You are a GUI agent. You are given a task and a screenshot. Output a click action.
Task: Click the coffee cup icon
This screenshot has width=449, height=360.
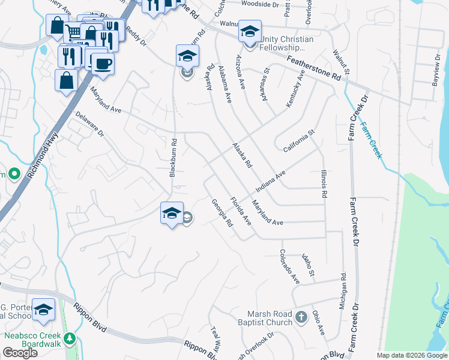102,64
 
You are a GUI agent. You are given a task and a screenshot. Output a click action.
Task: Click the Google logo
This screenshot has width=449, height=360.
20,353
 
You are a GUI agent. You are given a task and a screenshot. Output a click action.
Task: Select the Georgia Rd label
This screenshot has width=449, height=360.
221,213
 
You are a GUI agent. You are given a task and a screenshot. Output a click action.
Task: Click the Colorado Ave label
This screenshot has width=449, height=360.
288,267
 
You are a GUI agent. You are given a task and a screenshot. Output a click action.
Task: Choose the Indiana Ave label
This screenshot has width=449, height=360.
270,179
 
